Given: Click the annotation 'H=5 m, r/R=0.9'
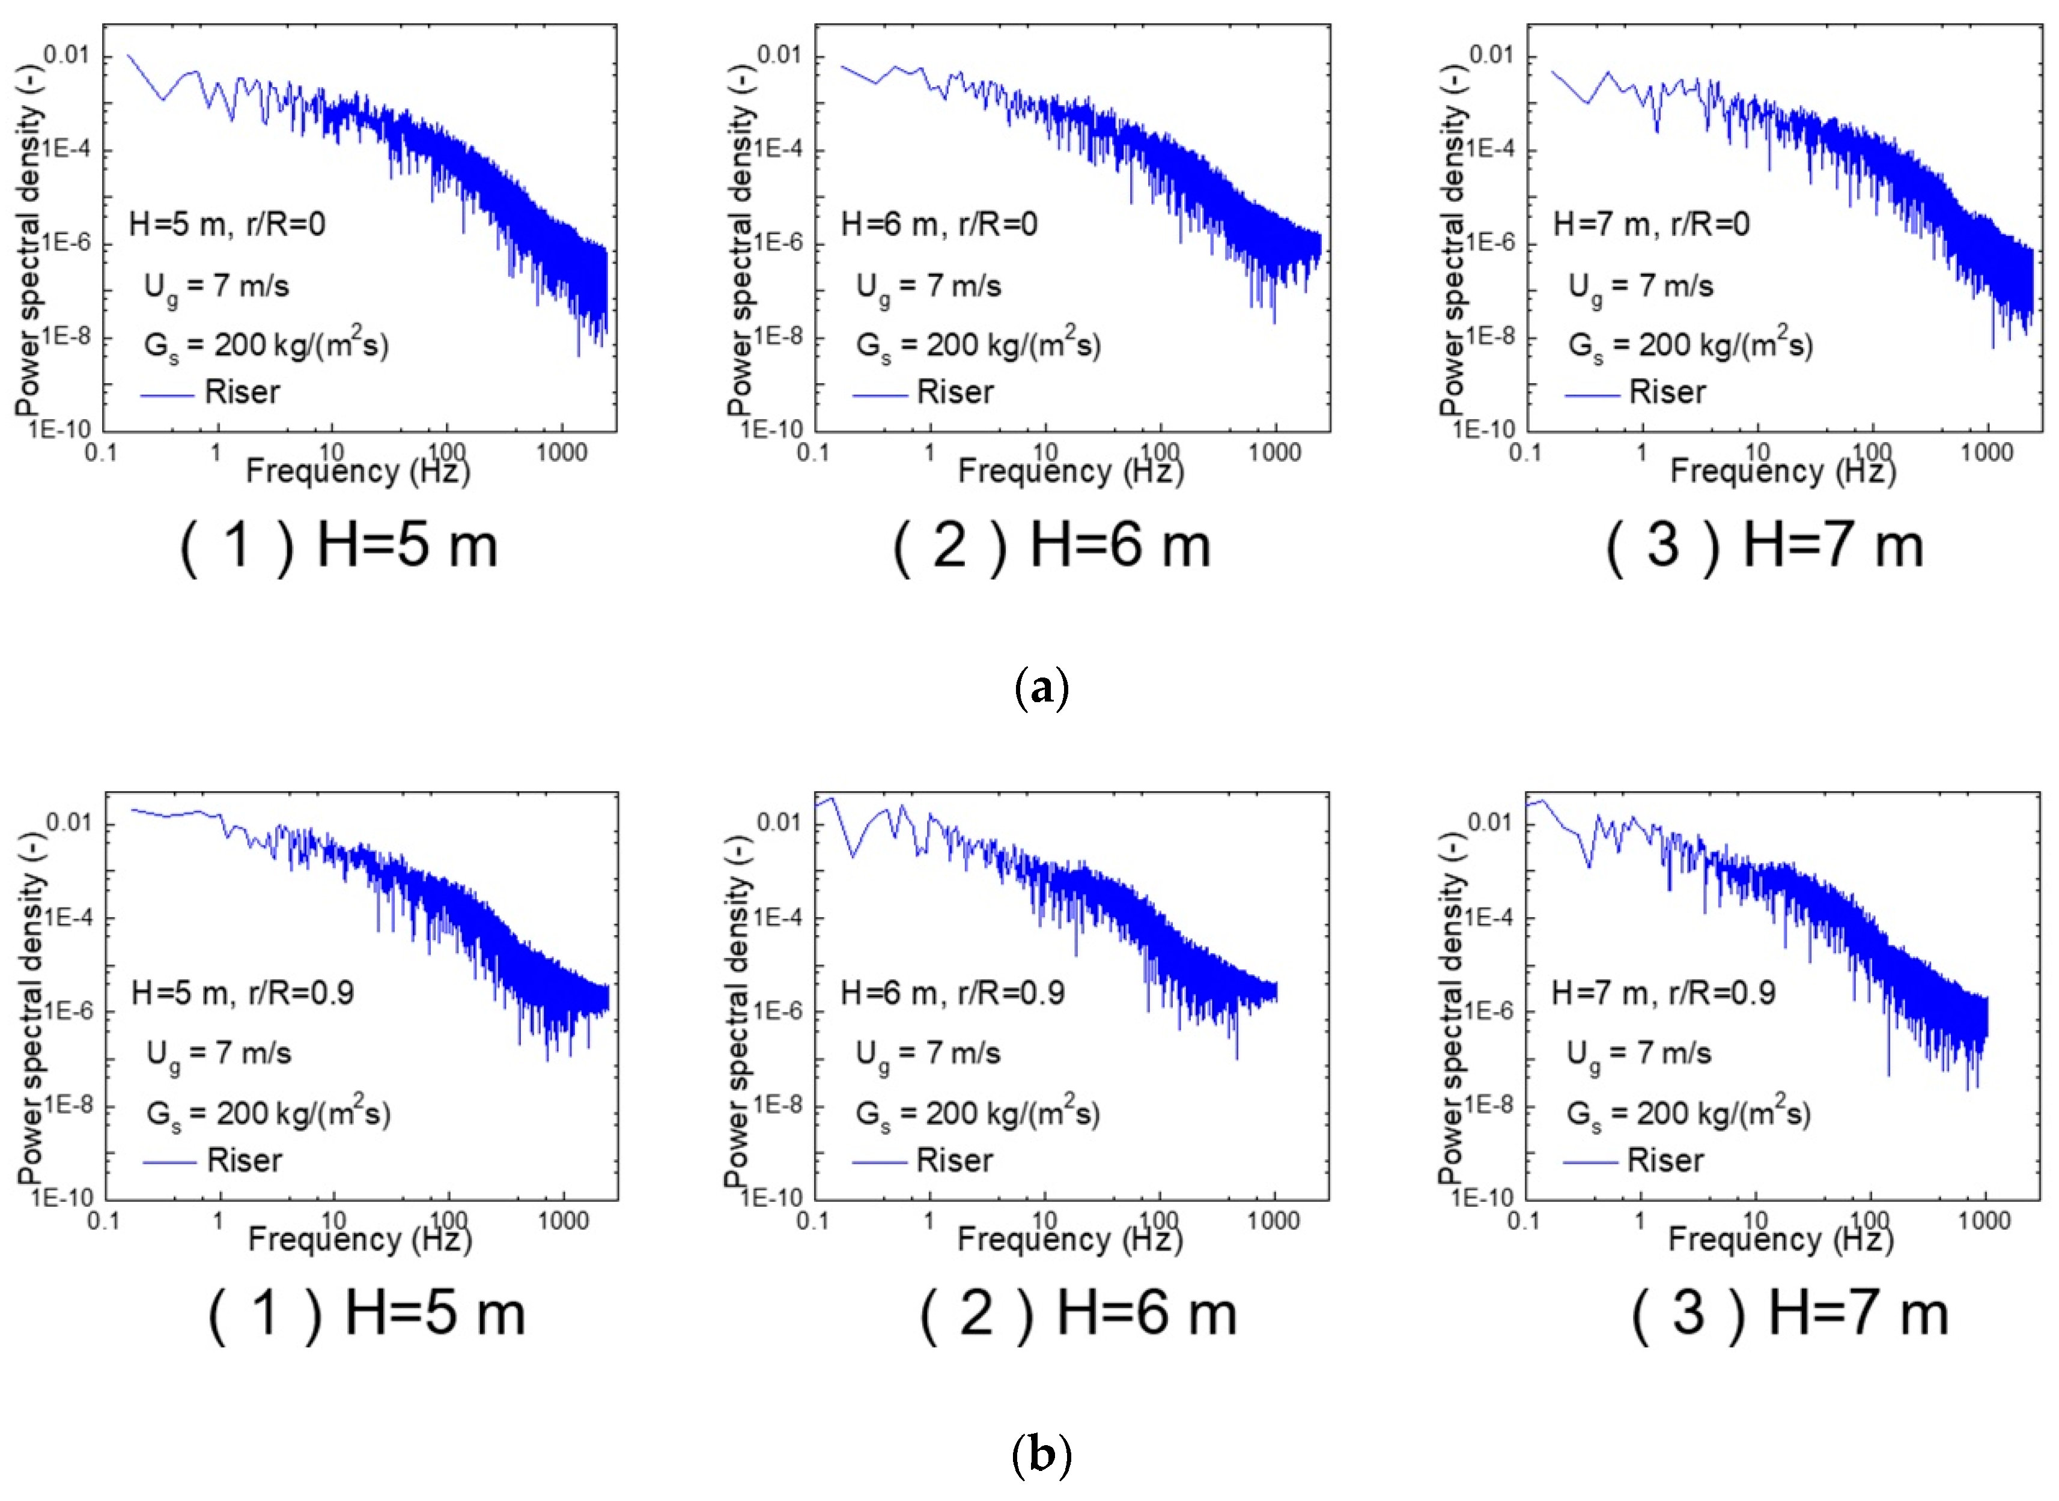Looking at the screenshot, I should tap(243, 992).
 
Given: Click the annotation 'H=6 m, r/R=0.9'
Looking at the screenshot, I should tap(952, 992).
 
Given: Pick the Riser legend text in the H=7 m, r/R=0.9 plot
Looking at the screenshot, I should tap(1665, 1160).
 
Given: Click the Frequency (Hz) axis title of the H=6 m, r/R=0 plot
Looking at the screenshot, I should tap(1071, 472).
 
